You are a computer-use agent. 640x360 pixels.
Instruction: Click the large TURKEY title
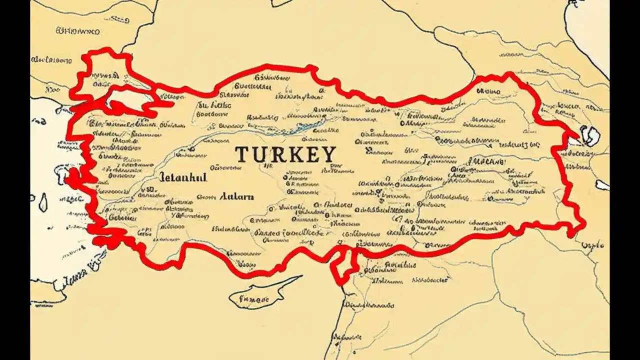pos(285,154)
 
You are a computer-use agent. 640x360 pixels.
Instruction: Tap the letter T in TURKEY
pos(241,154)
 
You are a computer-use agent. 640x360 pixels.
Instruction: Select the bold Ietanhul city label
pos(182,177)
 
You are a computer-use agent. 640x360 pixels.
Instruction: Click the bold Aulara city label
pos(236,196)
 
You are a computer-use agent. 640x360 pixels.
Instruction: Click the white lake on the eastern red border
pos(589,135)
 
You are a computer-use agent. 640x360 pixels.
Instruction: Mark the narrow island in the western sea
pos(43,202)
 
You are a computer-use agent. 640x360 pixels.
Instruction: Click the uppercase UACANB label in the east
pos(486,162)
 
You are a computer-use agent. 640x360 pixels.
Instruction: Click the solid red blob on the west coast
pos(73,177)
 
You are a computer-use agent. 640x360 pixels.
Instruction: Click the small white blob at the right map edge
pos(602,185)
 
